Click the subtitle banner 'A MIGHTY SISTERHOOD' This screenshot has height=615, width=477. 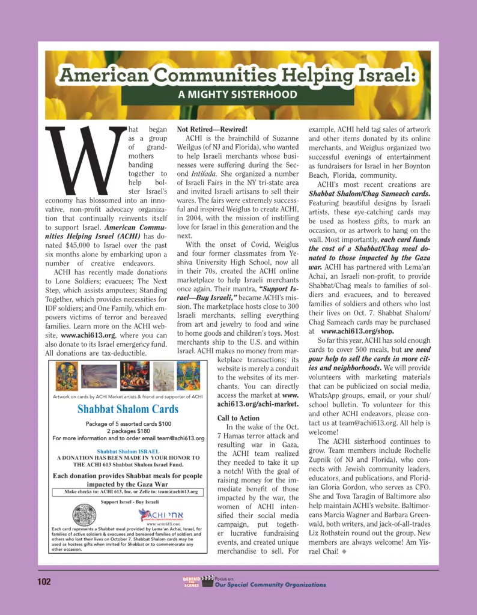tap(237, 94)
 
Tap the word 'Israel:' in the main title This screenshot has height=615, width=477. tap(382, 75)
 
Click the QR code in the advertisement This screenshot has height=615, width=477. tap(84, 515)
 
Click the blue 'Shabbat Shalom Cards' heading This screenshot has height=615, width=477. tap(128, 410)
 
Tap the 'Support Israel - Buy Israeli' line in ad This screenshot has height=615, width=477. tap(129, 501)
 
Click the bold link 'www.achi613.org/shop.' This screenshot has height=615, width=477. tap(358, 331)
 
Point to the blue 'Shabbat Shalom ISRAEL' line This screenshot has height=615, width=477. tap(128, 451)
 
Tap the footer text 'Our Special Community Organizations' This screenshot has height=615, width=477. tap(270, 584)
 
